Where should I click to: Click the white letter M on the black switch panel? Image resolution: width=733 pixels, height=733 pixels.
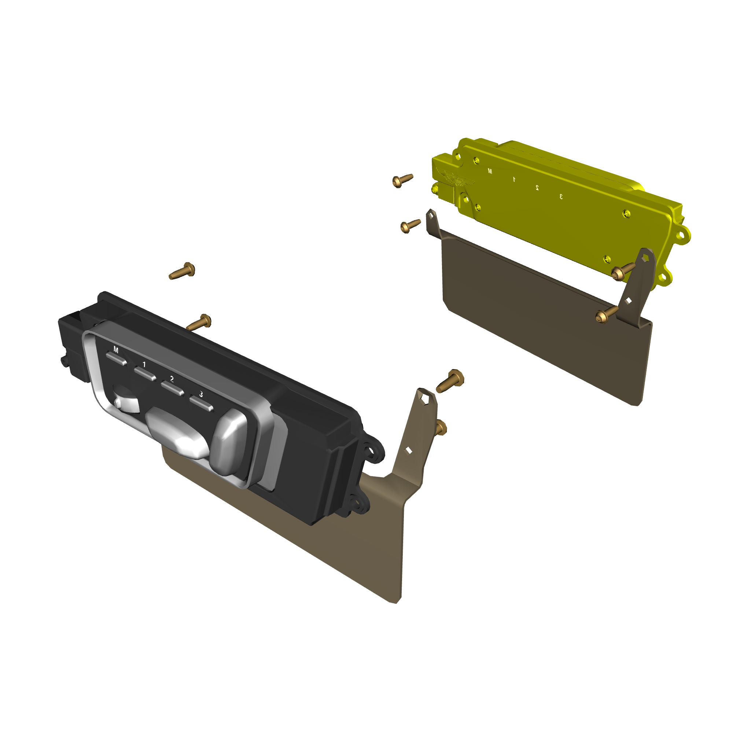(116, 349)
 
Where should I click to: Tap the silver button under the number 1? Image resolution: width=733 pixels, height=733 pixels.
(145, 373)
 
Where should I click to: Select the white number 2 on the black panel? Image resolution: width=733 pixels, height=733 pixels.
(172, 379)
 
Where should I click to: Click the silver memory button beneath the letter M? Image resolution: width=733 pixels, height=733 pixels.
(117, 358)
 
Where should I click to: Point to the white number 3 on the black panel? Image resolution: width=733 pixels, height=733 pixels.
(201, 394)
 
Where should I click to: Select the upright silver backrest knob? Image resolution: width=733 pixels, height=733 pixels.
(229, 442)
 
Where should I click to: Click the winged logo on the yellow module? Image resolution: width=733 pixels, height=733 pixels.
(455, 177)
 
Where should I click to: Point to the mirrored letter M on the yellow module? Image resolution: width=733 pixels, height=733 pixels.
(490, 172)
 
